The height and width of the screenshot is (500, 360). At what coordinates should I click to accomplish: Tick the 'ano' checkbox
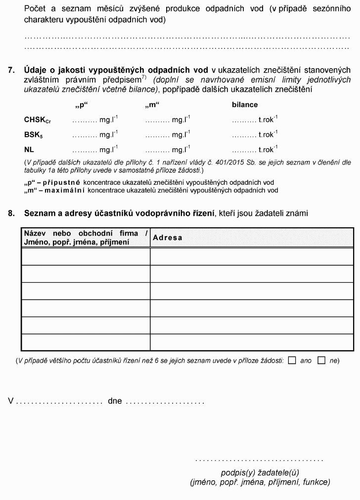pyautogui.click(x=292, y=360)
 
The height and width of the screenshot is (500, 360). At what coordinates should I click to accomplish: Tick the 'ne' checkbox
pyautogui.click(x=321, y=360)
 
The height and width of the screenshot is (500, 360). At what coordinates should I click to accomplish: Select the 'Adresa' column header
pyautogui.click(x=168, y=238)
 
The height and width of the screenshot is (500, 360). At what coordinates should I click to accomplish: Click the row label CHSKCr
pyautogui.click(x=38, y=120)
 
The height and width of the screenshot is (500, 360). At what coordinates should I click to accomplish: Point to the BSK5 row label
pyautogui.click(x=34, y=135)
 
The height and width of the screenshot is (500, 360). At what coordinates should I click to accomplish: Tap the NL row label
pyautogui.click(x=29, y=149)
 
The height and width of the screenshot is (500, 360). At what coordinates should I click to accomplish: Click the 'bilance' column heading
pyautogui.click(x=245, y=105)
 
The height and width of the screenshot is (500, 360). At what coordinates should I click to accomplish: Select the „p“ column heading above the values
pyautogui.click(x=80, y=105)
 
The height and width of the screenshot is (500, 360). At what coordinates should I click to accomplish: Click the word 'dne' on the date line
pyautogui.click(x=115, y=401)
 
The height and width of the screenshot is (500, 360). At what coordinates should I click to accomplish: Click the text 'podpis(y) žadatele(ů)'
pyautogui.click(x=260, y=472)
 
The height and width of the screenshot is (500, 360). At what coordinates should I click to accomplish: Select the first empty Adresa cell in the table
pyautogui.click(x=252, y=256)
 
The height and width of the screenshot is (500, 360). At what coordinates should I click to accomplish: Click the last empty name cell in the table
pyautogui.click(x=86, y=342)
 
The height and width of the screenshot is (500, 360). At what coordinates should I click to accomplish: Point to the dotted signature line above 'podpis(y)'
pyautogui.click(x=259, y=460)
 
